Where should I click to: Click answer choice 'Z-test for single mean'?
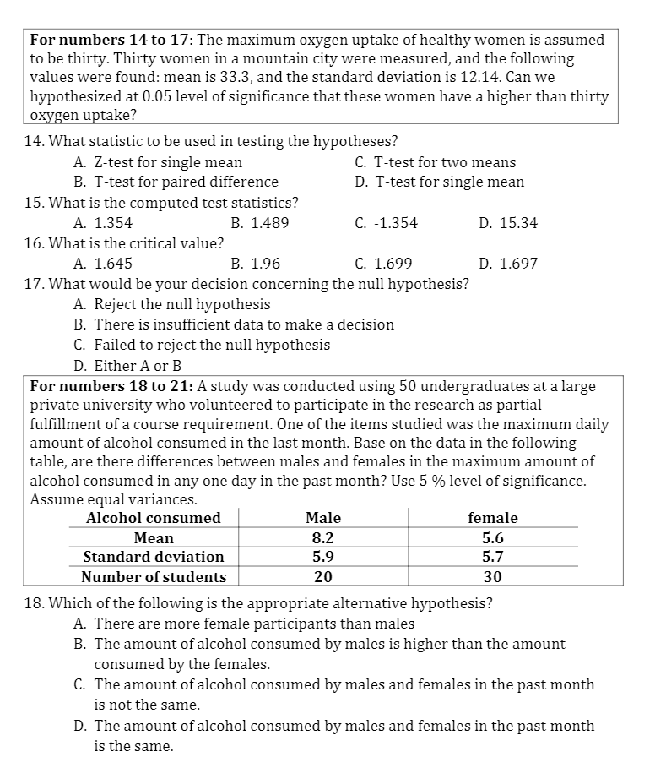(168, 162)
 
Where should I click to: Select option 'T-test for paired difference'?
(186, 182)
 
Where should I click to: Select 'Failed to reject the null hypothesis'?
(211, 345)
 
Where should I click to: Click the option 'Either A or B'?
(138, 366)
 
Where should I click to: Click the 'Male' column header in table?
(323, 518)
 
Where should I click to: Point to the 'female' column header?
(493, 518)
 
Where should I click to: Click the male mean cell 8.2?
(323, 538)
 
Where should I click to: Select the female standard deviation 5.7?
(493, 558)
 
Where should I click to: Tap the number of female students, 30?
(493, 578)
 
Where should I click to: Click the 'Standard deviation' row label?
(154, 558)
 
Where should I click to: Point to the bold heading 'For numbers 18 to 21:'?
(111, 387)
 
